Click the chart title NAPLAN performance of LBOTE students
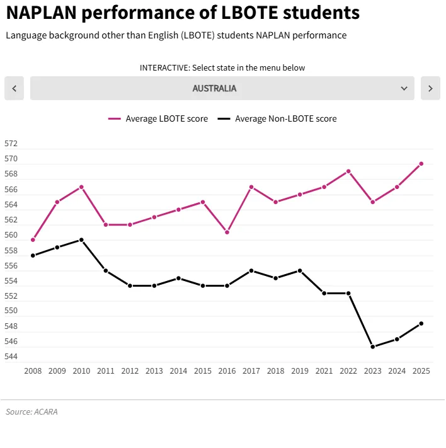click(x=183, y=13)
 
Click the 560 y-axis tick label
click(x=11, y=236)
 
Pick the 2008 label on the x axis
click(x=33, y=371)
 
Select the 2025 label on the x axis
click(x=421, y=371)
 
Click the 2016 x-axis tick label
click(x=227, y=371)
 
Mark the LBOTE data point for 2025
click(x=421, y=164)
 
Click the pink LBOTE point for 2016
click(x=227, y=233)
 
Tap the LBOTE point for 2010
click(x=81, y=187)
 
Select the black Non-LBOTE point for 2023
click(x=372, y=347)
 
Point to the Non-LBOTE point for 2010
click(x=81, y=240)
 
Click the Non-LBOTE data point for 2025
click(x=421, y=324)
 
